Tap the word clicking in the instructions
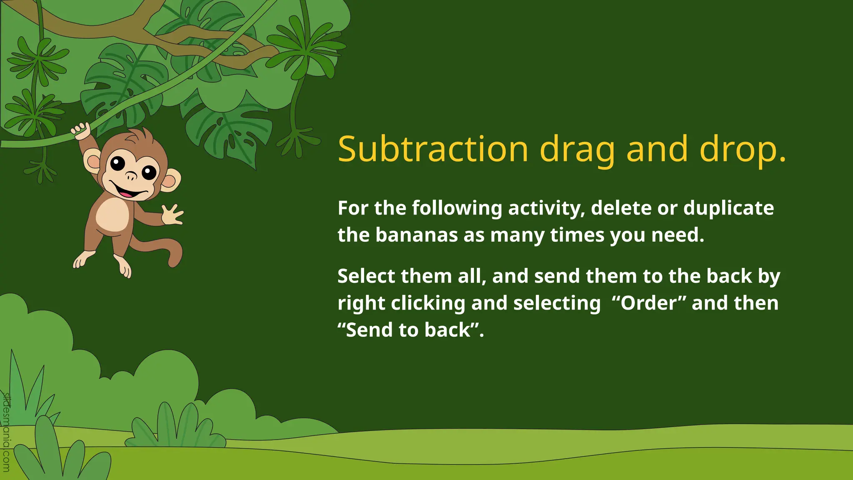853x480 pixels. point(428,303)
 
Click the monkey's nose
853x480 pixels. point(131,176)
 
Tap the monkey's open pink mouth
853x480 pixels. point(127,192)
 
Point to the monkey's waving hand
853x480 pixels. point(172,214)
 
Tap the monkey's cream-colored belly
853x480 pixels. point(112,214)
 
